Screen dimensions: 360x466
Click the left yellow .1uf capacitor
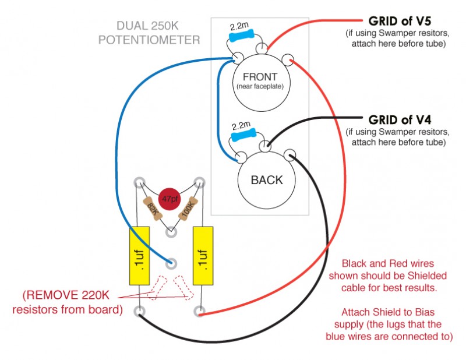click(139, 256)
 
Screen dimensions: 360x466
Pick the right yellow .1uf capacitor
click(200, 256)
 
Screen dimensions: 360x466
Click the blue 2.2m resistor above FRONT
click(241, 36)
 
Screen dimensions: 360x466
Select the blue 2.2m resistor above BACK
click(240, 136)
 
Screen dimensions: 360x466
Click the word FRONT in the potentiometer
click(260, 77)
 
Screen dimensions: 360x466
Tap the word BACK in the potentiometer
click(266, 179)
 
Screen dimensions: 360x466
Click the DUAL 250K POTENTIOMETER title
click(149, 34)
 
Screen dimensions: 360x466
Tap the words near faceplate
click(260, 87)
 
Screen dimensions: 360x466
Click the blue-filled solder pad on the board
click(171, 262)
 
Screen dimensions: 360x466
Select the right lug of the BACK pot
click(290, 154)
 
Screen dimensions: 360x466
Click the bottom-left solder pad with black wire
click(140, 310)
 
